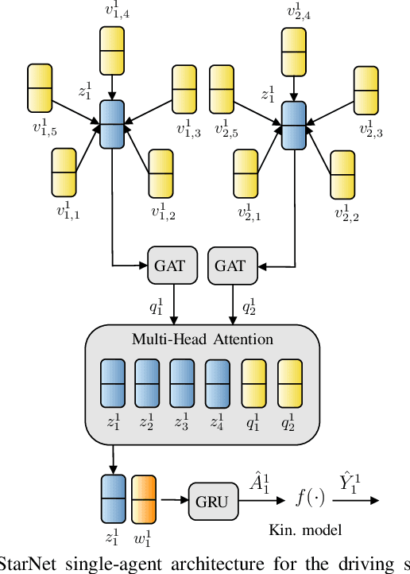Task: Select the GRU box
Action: [x=211, y=501]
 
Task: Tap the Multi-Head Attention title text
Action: [x=203, y=339]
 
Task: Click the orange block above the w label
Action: [x=144, y=498]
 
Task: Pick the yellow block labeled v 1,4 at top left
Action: [x=113, y=50]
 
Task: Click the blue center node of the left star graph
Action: [x=112, y=124]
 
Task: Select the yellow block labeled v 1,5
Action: [x=41, y=87]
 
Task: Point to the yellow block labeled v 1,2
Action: [x=161, y=173]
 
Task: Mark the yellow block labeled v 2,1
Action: [x=246, y=173]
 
